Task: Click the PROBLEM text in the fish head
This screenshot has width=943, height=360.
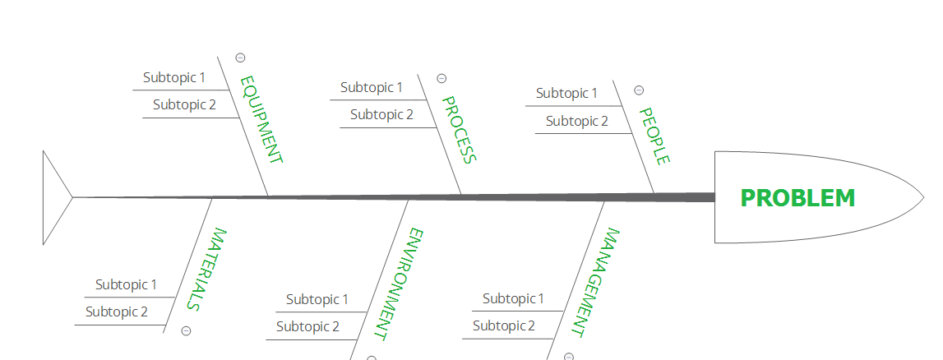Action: pos(797,198)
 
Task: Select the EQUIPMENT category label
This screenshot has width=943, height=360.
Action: pos(261,120)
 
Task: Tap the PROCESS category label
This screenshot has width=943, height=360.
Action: pos(458,130)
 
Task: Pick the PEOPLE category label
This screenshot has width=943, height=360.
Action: pos(654,136)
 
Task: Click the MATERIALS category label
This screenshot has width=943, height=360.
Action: pos(202,269)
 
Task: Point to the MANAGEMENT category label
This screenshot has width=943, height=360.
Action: pos(595,282)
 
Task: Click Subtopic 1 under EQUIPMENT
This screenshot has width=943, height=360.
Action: pos(173,77)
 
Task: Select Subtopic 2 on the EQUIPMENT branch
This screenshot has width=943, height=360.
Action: pos(184,104)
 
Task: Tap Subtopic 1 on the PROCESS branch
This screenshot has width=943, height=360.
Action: pos(372,87)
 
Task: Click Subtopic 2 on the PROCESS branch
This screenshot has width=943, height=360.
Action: pos(381,114)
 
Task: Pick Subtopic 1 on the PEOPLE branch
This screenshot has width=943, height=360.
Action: pos(566,93)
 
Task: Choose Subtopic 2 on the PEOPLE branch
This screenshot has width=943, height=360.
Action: pos(577,121)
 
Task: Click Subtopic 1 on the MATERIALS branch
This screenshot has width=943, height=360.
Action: pos(126,284)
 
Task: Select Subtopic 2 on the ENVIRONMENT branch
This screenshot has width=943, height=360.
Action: pos(307,326)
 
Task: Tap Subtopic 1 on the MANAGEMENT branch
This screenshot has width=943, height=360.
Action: pos(513,298)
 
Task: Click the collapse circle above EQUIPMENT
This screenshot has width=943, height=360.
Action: pos(240,58)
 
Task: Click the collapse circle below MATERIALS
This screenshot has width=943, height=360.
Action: pos(186,330)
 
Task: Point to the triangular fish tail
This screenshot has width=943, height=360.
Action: pos(54,197)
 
